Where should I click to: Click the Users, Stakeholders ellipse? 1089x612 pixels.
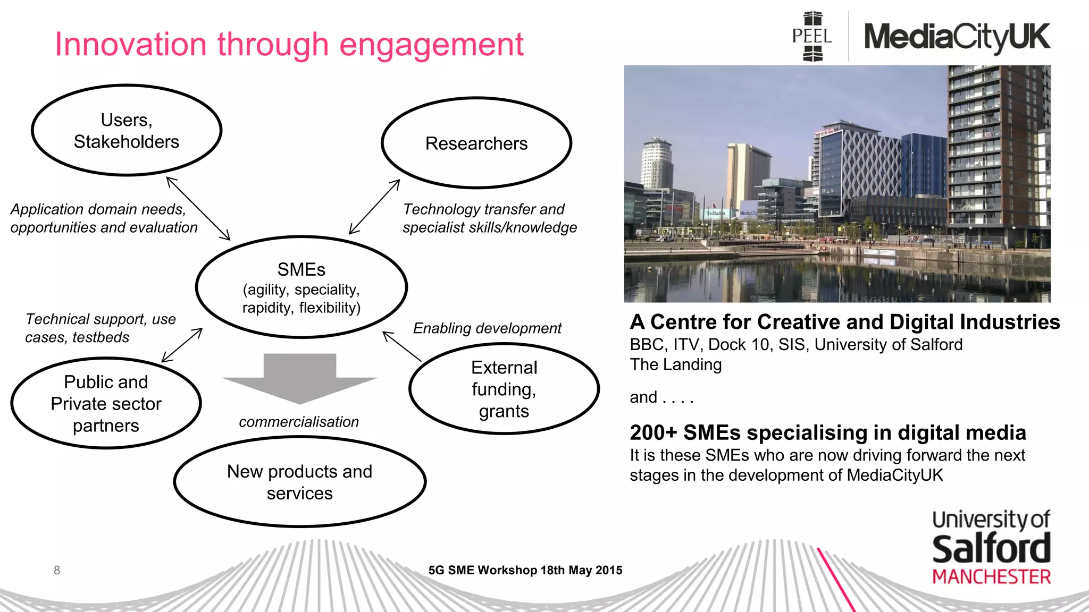(127, 131)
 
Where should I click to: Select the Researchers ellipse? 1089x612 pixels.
(476, 143)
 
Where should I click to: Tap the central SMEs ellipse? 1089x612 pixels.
(301, 287)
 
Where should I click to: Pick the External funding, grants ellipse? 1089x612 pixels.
(504, 389)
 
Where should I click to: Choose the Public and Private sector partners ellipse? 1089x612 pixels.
(106, 404)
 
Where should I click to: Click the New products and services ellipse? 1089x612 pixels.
(300, 482)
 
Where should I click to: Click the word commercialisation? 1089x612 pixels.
(299, 422)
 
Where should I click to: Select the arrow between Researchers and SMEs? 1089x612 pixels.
(374, 207)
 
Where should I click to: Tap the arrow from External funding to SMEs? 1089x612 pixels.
(401, 346)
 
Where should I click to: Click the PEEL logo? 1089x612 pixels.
(812, 36)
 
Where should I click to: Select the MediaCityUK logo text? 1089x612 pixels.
(957, 37)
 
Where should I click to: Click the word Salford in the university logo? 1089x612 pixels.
(991, 549)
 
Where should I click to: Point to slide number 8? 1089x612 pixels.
(57, 570)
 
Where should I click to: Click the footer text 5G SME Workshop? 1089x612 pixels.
(525, 570)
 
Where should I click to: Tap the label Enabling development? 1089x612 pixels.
(487, 328)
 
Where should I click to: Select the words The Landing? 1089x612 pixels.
(676, 364)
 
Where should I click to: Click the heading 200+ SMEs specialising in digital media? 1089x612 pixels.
(827, 432)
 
